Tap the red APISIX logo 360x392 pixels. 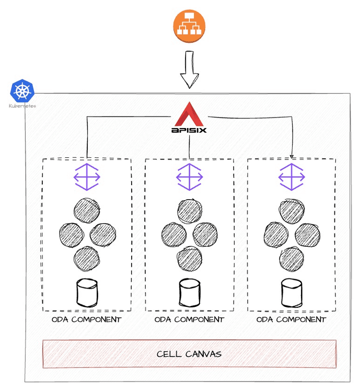click(189, 118)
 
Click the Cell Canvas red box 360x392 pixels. click(189, 354)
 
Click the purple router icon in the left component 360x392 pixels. click(86, 176)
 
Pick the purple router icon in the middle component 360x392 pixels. click(189, 177)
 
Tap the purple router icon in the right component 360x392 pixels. click(291, 177)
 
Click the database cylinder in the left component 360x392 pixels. click(87, 293)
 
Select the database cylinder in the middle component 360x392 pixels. click(189, 293)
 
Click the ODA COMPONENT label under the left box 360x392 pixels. click(86, 319)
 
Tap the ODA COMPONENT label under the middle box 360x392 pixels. click(189, 319)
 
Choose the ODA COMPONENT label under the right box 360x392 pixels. click(292, 319)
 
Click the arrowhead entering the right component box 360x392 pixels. click(292, 155)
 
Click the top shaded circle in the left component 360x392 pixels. click(86, 210)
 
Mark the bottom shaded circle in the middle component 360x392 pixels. click(189, 258)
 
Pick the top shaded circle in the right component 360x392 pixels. click(292, 210)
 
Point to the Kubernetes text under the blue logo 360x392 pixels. click(22, 106)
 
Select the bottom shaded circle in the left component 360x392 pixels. click(86, 258)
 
